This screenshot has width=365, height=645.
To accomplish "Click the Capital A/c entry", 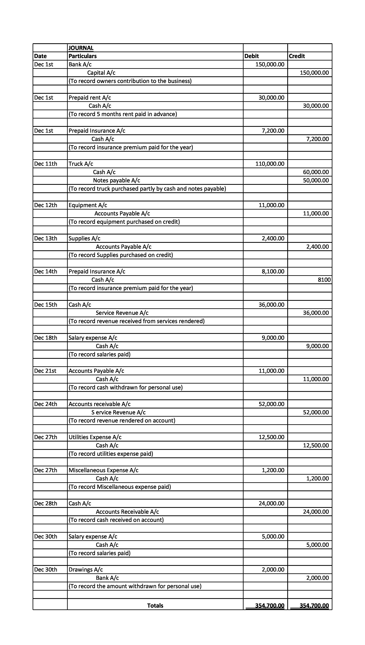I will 101,73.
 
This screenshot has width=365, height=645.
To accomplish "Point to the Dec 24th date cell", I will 46,404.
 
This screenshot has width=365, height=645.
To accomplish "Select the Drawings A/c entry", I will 86,570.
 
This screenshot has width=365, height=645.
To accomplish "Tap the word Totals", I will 155,606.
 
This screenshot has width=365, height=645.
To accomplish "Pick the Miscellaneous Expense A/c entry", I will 104,470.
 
